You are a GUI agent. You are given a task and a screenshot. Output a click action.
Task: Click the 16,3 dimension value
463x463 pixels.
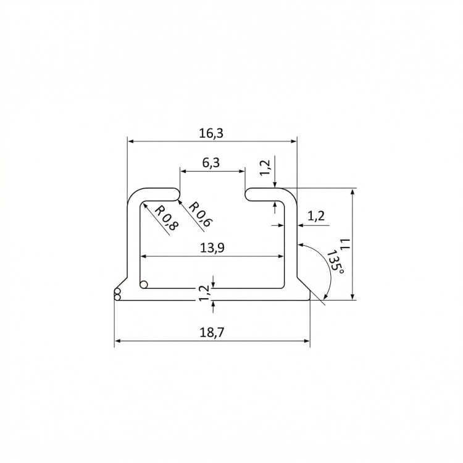211,133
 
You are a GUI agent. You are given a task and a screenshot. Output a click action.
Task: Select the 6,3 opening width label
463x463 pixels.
211,162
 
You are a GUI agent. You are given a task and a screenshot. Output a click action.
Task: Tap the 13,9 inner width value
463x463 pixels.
212,248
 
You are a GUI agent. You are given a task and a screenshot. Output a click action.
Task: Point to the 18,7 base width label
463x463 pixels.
212,333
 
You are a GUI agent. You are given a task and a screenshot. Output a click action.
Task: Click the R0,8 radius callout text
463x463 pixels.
167,218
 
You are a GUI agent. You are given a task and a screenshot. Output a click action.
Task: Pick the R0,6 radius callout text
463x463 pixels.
199,214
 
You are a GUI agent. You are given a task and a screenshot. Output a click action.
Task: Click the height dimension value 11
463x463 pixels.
346,244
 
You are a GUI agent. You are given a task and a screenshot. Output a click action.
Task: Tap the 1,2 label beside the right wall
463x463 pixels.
316,216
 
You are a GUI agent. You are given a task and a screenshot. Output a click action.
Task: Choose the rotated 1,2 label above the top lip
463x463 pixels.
265,167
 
